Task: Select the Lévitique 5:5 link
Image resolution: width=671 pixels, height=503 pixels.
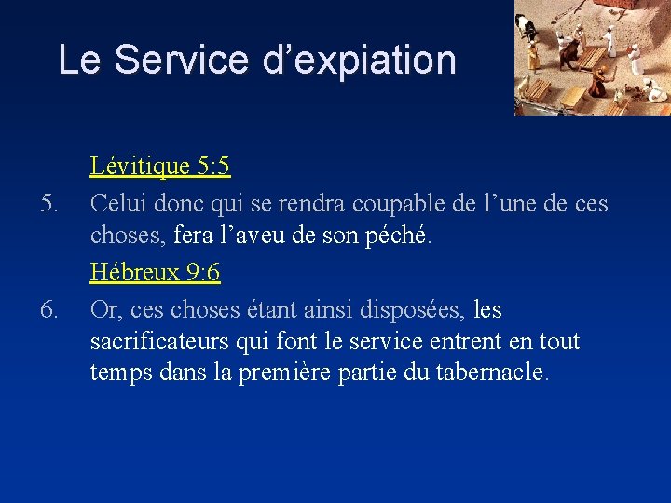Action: point(160,167)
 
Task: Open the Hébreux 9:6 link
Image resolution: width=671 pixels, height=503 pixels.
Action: point(155,273)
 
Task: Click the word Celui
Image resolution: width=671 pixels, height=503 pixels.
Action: point(118,202)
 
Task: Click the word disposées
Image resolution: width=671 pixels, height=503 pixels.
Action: point(418,308)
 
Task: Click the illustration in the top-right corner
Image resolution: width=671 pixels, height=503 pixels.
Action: point(593,58)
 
